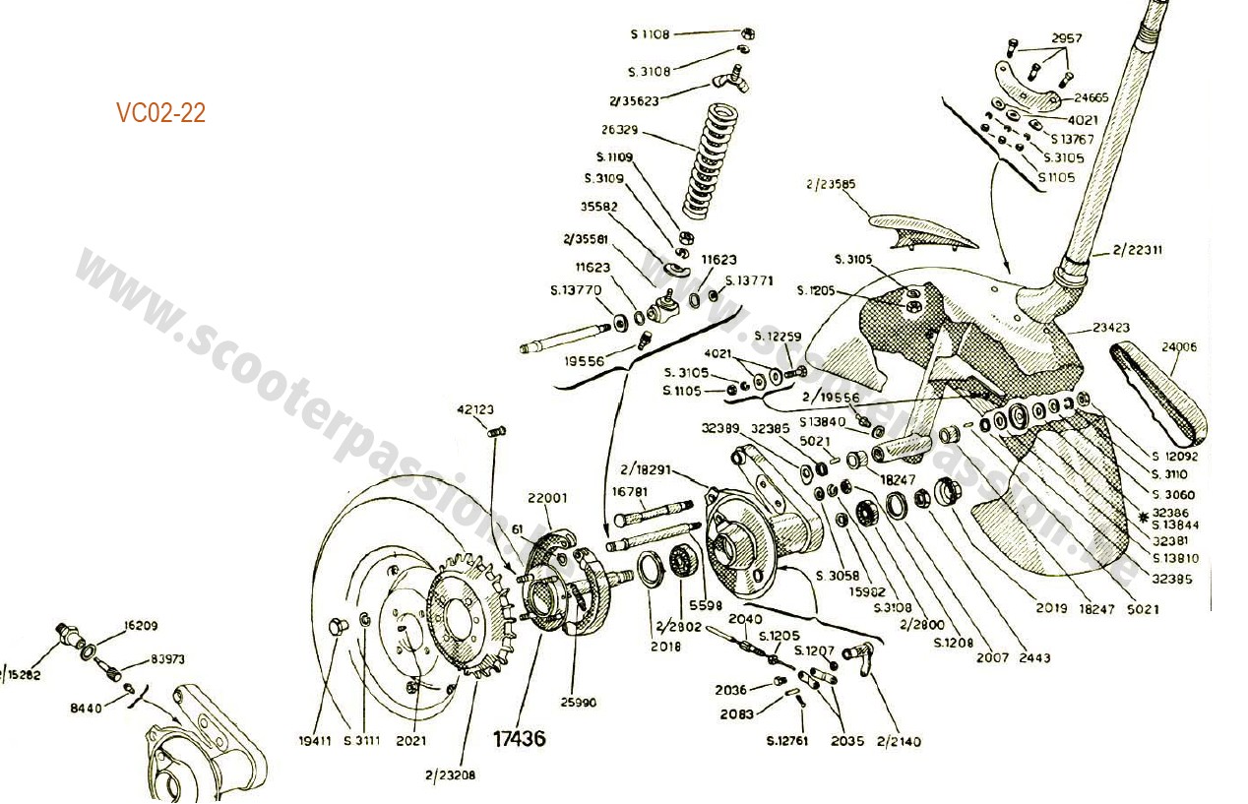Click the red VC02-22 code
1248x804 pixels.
[160, 113]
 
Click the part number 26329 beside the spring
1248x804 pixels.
[621, 130]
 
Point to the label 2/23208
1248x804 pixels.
[451, 774]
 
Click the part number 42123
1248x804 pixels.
[476, 408]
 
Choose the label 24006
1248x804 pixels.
[1178, 346]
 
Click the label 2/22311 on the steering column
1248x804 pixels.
[1139, 250]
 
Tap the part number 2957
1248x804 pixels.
[1066, 38]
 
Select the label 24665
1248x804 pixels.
[1092, 98]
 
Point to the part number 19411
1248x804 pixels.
[316, 740]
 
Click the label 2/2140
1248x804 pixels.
[898, 741]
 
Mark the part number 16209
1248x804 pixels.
[141, 625]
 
